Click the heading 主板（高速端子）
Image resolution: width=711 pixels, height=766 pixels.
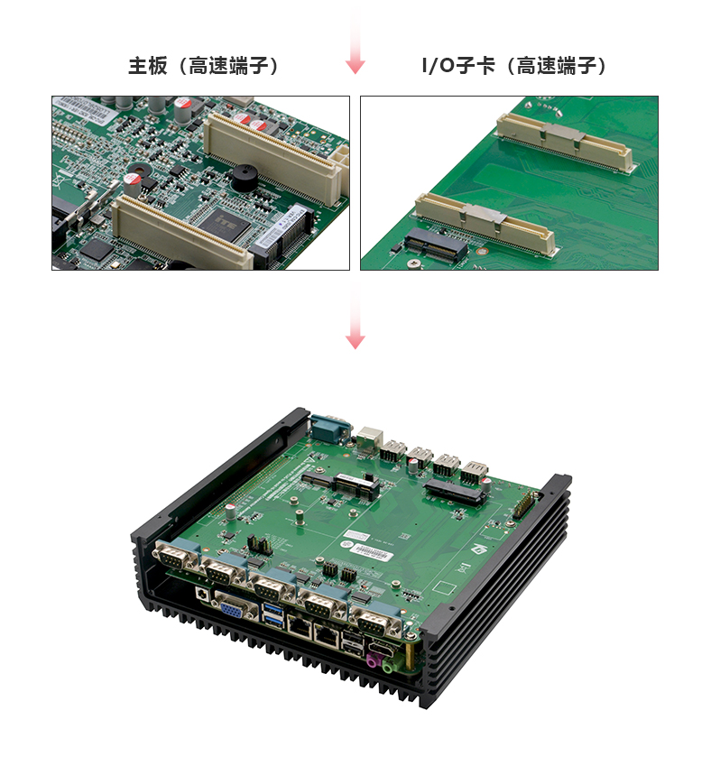[x=203, y=66]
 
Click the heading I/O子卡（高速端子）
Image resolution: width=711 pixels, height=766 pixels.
[x=514, y=66]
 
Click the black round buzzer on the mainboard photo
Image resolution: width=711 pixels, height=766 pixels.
[x=245, y=178]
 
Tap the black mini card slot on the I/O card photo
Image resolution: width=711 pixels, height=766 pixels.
[x=436, y=245]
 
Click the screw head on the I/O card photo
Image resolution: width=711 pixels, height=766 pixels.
[x=415, y=264]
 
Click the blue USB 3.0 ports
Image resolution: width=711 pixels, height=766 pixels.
[x=273, y=614]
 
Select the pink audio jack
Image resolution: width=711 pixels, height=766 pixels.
[x=374, y=660]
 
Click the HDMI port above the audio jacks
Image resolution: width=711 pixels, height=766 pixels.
[x=383, y=650]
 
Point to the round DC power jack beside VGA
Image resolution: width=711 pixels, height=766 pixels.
[x=202, y=594]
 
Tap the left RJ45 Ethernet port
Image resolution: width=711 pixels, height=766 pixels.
[x=300, y=626]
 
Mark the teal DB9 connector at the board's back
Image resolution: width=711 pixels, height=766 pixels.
[x=330, y=428]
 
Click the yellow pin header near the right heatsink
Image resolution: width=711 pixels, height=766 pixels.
[x=524, y=505]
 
